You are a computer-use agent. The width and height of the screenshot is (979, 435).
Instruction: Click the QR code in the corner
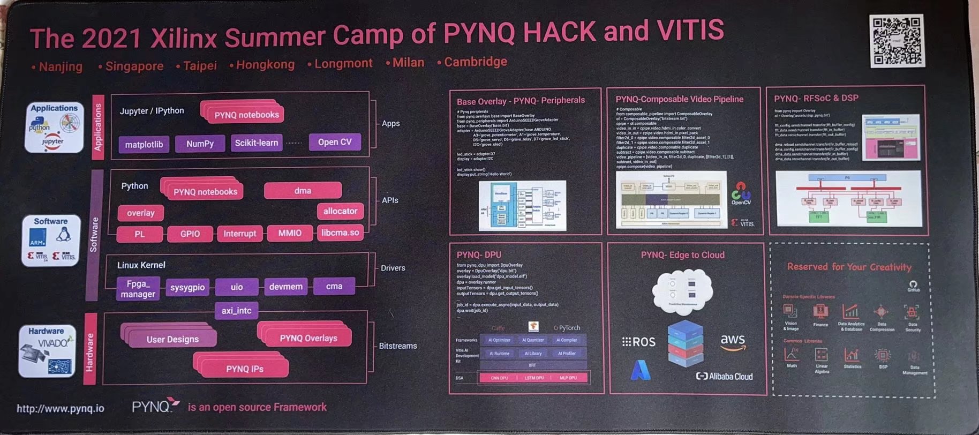pyautogui.click(x=897, y=41)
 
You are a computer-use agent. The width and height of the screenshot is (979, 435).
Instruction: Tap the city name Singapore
pyautogui.click(x=134, y=66)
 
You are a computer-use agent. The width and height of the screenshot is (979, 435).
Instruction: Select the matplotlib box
pyautogui.click(x=144, y=144)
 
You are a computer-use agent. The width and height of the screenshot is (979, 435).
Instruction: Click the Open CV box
pyautogui.click(x=335, y=142)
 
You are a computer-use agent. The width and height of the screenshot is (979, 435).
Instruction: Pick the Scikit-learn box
pyautogui.click(x=257, y=142)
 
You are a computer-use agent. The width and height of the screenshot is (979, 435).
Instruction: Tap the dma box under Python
pyautogui.click(x=303, y=190)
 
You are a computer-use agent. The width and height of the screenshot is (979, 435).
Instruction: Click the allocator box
pyautogui.click(x=340, y=211)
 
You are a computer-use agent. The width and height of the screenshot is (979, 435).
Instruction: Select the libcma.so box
pyautogui.click(x=340, y=232)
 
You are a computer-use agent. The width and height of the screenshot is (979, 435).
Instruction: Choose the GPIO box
pyautogui.click(x=190, y=234)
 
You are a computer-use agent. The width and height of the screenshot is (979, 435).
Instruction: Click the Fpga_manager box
pyautogui.click(x=138, y=289)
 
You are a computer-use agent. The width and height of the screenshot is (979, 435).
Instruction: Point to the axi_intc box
pyautogui.click(x=236, y=310)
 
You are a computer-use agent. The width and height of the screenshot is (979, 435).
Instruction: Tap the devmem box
pyautogui.click(x=285, y=287)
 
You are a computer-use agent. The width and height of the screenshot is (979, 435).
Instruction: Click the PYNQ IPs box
pyautogui.click(x=244, y=369)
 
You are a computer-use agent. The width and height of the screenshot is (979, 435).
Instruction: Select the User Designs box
pyautogui.click(x=172, y=339)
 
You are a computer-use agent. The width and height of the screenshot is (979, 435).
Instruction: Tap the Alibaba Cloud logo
pyautogui.click(x=724, y=377)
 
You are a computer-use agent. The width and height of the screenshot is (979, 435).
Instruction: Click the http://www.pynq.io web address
pyautogui.click(x=61, y=408)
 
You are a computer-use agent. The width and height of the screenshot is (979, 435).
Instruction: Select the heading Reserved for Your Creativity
pyautogui.click(x=849, y=267)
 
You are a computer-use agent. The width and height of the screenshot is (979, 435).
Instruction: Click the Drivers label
pyautogui.click(x=393, y=268)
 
